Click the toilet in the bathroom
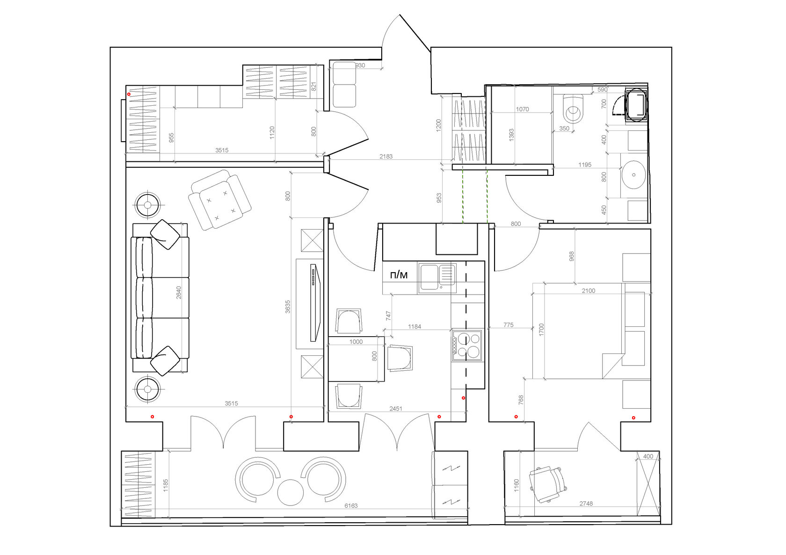coord(574,108)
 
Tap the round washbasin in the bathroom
coord(634,174)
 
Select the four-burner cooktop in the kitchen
coord(467,345)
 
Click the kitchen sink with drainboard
coord(437,278)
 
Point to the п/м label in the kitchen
coord(399,275)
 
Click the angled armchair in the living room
coord(220,200)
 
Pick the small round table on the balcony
coord(290,492)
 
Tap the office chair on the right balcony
coord(548,484)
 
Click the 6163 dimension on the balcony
coord(351,505)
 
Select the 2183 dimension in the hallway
coord(386,156)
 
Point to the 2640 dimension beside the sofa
coord(179,292)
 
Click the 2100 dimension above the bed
coord(589,291)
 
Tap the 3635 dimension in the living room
coord(288,306)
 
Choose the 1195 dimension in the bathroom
coord(585,165)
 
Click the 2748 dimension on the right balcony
coord(586,504)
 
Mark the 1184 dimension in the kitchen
coord(415,326)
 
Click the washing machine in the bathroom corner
coord(636,105)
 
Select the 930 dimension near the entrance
coord(360,65)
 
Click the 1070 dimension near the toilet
coord(522,109)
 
